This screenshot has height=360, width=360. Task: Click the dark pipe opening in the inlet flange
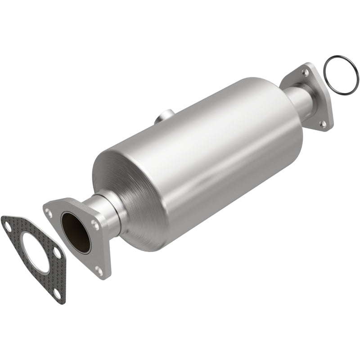pyautogui.click(x=76, y=232)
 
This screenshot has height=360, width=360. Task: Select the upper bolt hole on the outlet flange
pyautogui.click(x=306, y=72)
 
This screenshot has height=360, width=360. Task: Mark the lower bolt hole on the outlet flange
pyautogui.click(x=322, y=122)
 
